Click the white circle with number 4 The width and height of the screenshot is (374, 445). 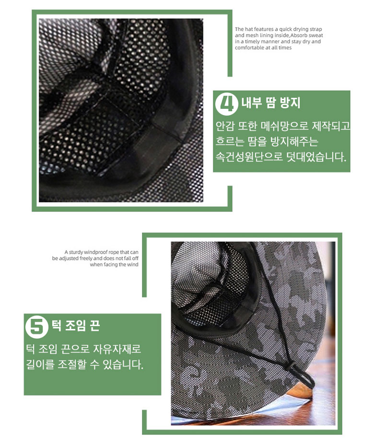pos(226,104)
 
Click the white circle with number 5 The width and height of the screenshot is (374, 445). pos(36,327)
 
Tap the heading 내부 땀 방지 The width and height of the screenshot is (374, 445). pos(271,103)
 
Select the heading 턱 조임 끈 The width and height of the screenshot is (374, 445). pos(75,325)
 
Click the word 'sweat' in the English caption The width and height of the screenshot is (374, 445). pos(316,35)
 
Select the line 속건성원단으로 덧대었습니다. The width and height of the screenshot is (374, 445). pos(281,157)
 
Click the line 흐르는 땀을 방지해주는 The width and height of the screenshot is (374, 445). pos(267,141)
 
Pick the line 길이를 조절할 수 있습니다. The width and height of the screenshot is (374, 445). pos(84,364)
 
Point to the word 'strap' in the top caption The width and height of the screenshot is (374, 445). pos(316,29)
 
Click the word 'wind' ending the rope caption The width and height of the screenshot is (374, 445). pos(132,265)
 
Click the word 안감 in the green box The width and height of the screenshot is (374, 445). pos(225,126)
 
